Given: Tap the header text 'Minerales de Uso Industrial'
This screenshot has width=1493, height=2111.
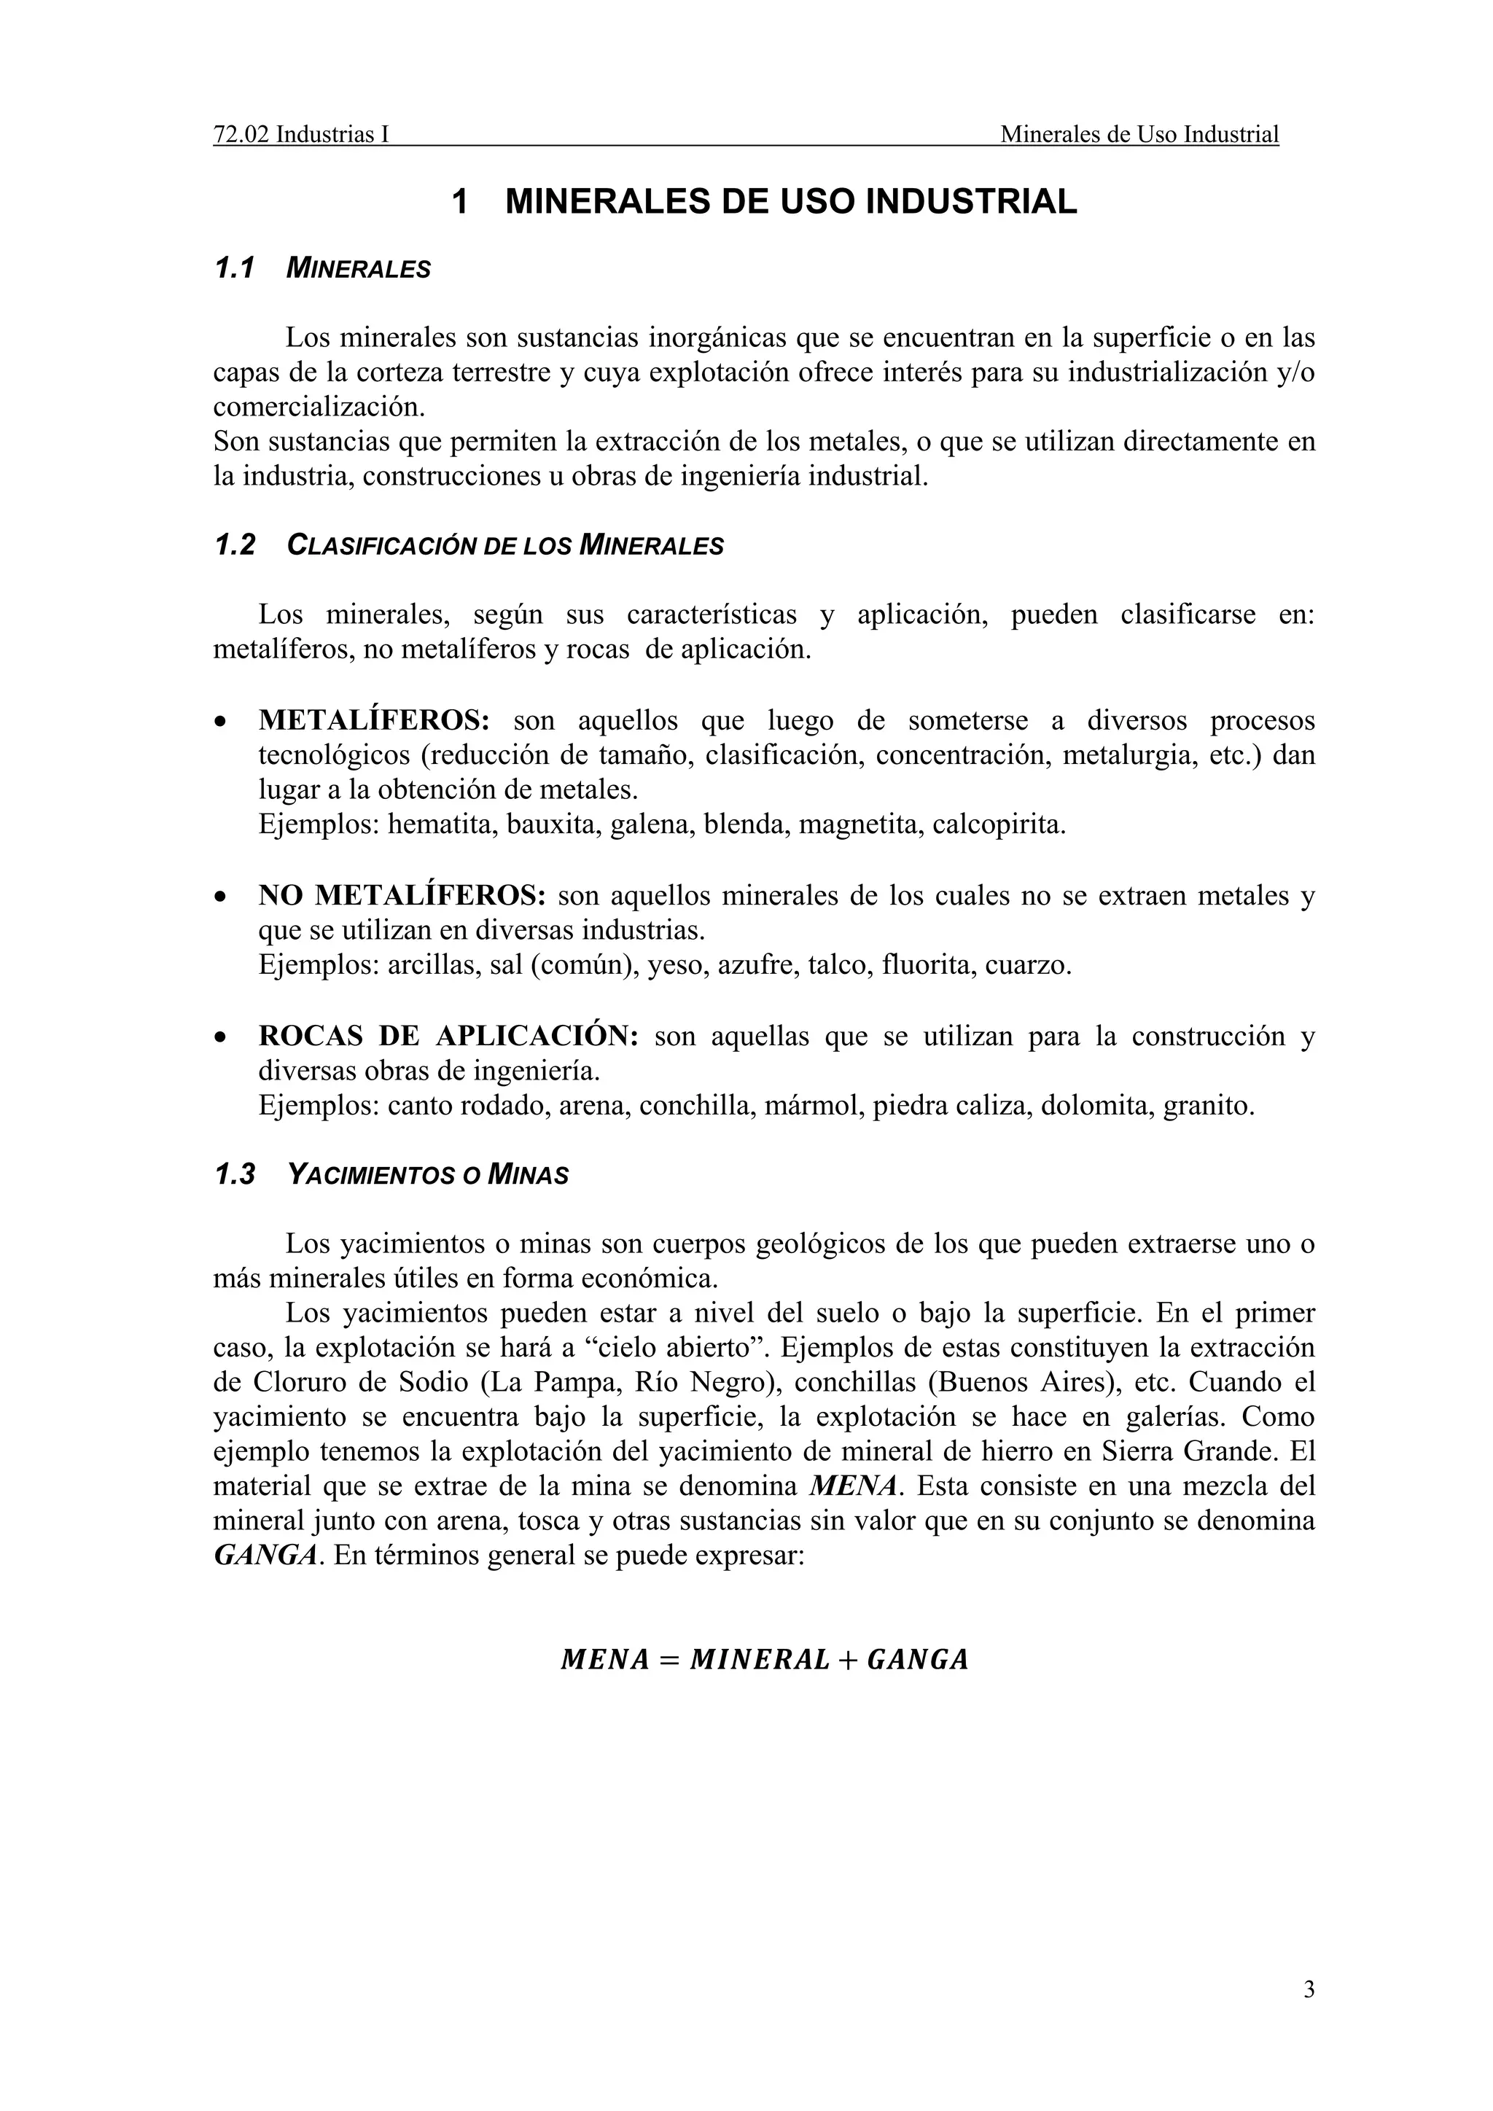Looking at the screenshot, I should (x=1139, y=135).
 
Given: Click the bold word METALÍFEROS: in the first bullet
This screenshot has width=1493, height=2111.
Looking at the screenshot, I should (x=374, y=720).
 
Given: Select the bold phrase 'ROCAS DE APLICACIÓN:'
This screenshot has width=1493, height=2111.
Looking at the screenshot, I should (x=448, y=1037).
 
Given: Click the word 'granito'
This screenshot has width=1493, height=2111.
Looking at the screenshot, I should (x=1208, y=1105).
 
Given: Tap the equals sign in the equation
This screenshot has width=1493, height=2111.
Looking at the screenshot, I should (x=668, y=1660).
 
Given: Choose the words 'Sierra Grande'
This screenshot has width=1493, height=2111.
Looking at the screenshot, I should (x=1190, y=1452).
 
